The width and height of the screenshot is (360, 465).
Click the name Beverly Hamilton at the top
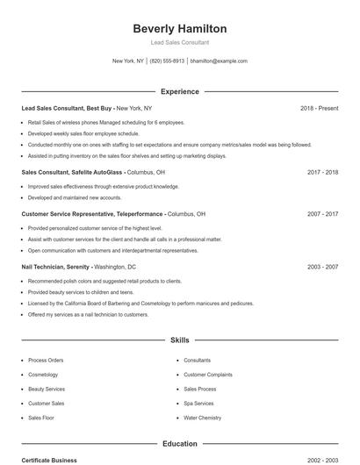(x=179, y=28)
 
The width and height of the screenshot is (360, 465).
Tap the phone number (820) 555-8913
(x=167, y=61)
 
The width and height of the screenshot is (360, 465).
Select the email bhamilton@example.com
(x=219, y=61)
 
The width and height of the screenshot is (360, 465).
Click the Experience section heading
(x=179, y=91)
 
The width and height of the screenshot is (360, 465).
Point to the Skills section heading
(x=179, y=340)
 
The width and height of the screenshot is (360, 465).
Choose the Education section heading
(x=179, y=444)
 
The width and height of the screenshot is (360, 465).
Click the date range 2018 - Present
(x=319, y=108)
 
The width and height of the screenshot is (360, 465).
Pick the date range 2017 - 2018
(x=322, y=173)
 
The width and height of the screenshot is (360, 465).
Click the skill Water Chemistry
(x=202, y=418)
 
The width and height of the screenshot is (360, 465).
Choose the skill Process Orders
(x=46, y=360)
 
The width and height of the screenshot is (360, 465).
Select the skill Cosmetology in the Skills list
(x=43, y=375)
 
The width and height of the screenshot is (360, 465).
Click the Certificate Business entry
(x=49, y=461)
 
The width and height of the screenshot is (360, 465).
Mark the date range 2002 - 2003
(x=322, y=461)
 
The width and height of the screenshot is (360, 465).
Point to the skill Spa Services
(x=198, y=404)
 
